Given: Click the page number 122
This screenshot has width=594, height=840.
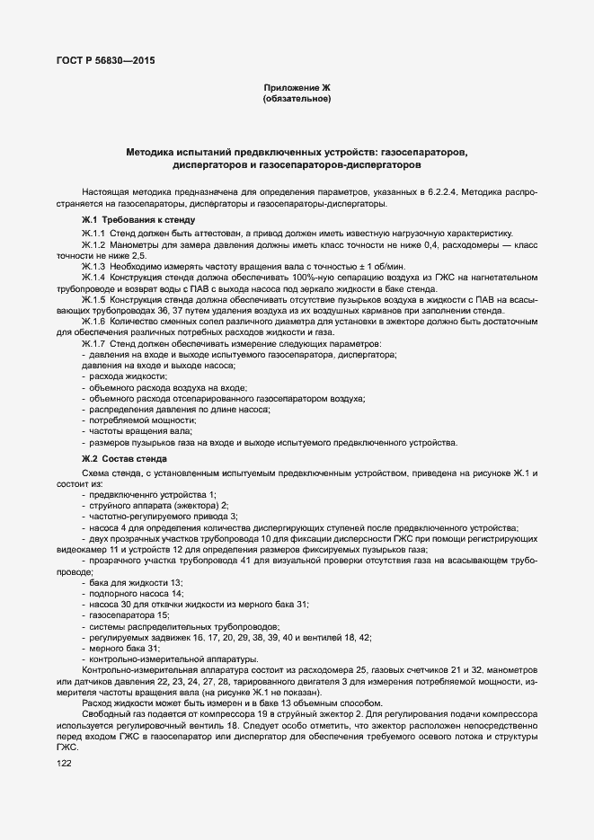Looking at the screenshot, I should (x=64, y=763).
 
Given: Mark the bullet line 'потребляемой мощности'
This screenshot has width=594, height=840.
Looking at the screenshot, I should (x=142, y=420).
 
